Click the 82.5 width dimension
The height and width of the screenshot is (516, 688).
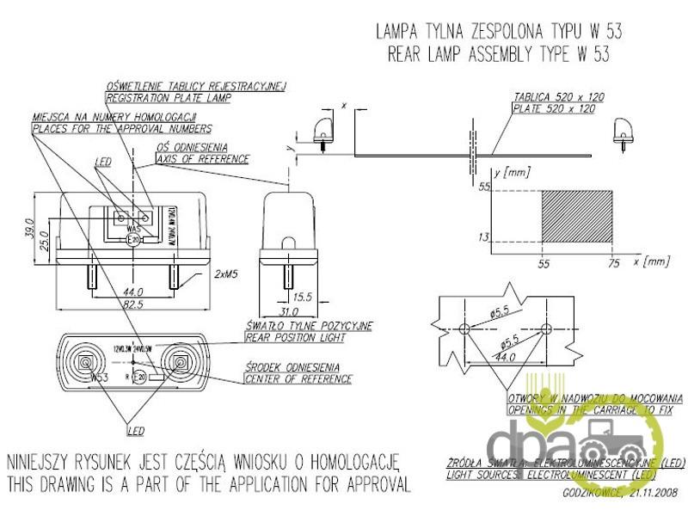pyautogui.click(x=132, y=305)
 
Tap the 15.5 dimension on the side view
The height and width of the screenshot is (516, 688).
pyautogui.click(x=304, y=297)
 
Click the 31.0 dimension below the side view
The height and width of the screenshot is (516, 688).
pyautogui.click(x=290, y=311)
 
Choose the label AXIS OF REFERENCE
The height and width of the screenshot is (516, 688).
pyautogui.click(x=203, y=159)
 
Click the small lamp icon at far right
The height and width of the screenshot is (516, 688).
pyautogui.click(x=622, y=132)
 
